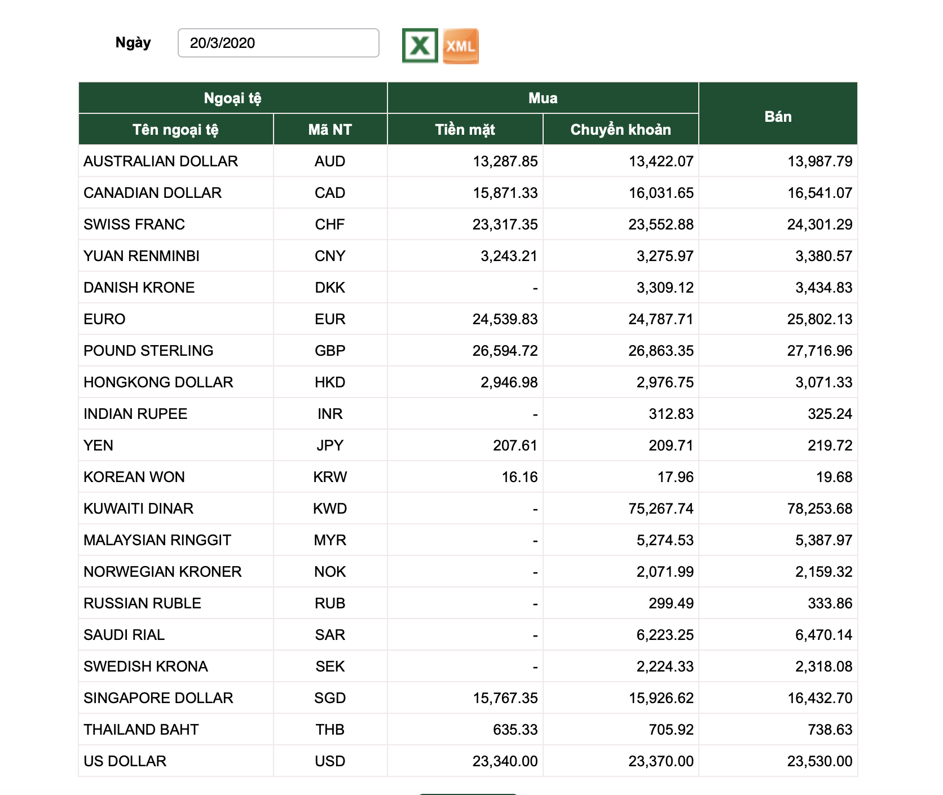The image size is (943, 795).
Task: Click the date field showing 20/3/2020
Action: pyautogui.click(x=278, y=43)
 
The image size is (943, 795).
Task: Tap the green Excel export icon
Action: pyautogui.click(x=420, y=46)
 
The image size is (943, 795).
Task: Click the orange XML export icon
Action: pyautogui.click(x=461, y=46)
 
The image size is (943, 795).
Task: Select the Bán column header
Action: pyautogui.click(x=778, y=117)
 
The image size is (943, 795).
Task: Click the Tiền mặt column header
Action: pyautogui.click(x=465, y=130)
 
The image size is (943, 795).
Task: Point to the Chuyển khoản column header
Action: pyautogui.click(x=620, y=130)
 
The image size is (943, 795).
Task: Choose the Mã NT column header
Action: pyautogui.click(x=330, y=130)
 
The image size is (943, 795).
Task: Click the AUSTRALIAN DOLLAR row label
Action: pyautogui.click(x=161, y=161)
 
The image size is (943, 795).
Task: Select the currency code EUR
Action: pyautogui.click(x=330, y=319)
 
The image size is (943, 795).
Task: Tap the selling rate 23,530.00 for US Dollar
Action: pyautogui.click(x=819, y=761)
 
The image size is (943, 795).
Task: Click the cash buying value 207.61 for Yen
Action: pyautogui.click(x=515, y=445)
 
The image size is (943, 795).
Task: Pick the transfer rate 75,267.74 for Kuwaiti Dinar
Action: pyautogui.click(x=661, y=509)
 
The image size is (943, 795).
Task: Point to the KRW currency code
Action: pyautogui.click(x=330, y=477)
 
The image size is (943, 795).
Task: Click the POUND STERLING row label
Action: pyautogui.click(x=148, y=351)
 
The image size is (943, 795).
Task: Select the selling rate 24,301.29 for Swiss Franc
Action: pyautogui.click(x=819, y=224)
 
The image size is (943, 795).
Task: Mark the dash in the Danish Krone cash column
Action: pyautogui.click(x=535, y=289)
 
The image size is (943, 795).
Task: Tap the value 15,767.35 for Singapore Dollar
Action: pyautogui.click(x=505, y=698)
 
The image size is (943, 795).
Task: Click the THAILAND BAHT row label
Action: pyautogui.click(x=141, y=730)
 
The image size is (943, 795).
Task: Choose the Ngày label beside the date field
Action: pyautogui.click(x=133, y=43)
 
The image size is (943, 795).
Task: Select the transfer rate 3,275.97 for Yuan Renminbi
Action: pyautogui.click(x=665, y=256)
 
